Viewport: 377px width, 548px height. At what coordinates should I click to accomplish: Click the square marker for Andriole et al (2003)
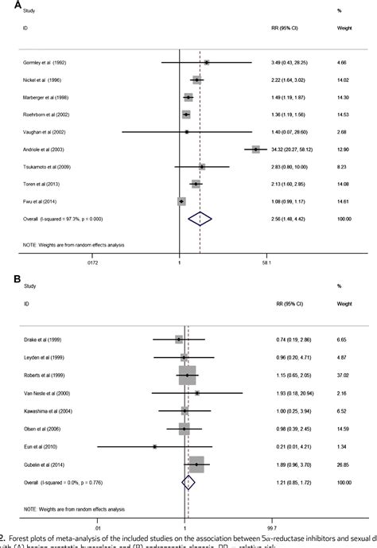pyautogui.click(x=255, y=149)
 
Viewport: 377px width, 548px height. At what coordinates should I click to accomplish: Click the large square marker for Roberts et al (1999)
pyautogui.click(x=187, y=375)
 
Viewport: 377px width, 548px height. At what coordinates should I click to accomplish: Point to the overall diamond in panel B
pyautogui.click(x=188, y=482)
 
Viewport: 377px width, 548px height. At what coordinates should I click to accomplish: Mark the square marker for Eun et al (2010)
pyautogui.click(x=154, y=446)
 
